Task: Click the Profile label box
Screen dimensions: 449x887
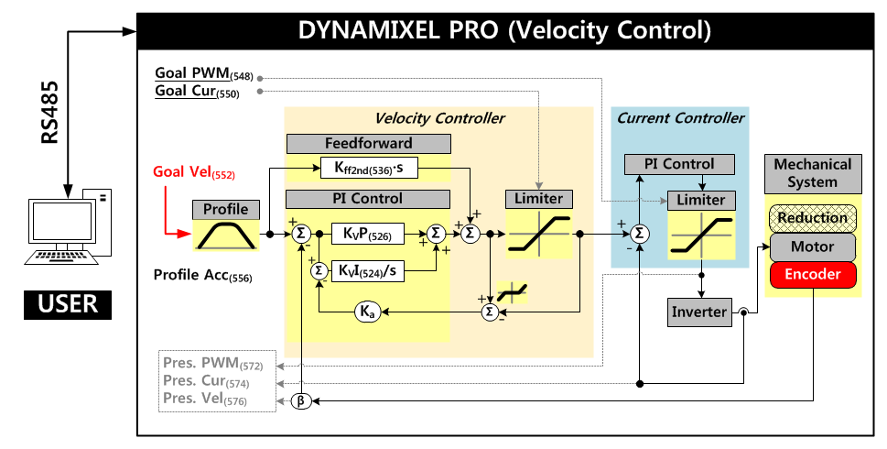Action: coord(225,209)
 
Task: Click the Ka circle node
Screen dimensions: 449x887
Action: coord(367,312)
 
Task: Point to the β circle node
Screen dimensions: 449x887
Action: coord(301,401)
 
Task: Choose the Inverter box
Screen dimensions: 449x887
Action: coord(700,312)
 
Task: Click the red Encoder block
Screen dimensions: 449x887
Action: coord(813,273)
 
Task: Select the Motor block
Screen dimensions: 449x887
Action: coord(813,246)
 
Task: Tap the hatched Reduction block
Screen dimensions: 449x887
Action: coord(813,218)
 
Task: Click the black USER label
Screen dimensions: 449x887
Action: coord(67,303)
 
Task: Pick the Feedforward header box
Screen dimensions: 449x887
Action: coord(368,143)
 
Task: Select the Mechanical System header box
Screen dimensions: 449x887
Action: coord(813,173)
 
